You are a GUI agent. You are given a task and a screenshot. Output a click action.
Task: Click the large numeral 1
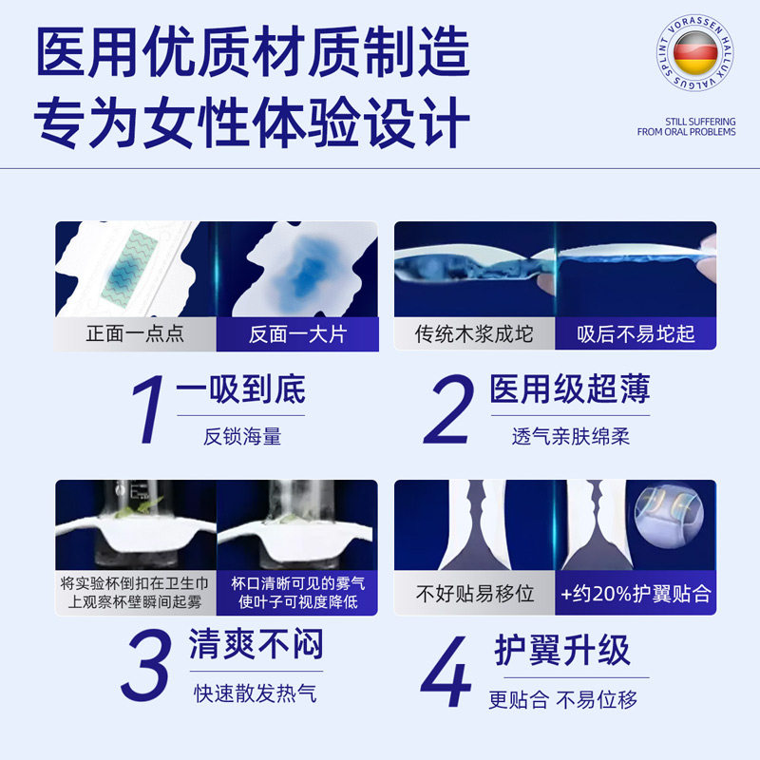point(148,412)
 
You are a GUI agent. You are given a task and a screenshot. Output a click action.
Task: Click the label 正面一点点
point(135,334)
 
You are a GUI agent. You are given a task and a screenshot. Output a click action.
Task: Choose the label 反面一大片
point(296,334)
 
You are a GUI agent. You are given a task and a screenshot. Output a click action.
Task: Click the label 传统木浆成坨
point(474,334)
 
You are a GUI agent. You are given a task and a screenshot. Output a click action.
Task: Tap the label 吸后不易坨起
point(636,334)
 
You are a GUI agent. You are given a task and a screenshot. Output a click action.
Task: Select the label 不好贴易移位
point(474,594)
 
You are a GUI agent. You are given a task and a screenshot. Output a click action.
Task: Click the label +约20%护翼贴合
point(636,594)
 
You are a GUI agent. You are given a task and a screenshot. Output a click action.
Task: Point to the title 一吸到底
point(241,391)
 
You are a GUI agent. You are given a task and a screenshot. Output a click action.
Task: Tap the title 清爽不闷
point(255,645)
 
